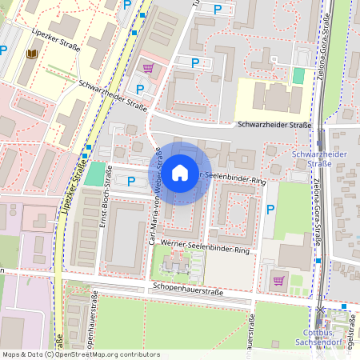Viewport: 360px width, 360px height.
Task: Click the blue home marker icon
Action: [x=180, y=173]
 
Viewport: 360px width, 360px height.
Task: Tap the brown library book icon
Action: [x=32, y=54]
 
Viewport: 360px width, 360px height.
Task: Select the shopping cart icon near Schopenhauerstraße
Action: [x=278, y=280]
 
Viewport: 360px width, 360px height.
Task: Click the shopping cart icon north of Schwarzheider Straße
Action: [x=146, y=69]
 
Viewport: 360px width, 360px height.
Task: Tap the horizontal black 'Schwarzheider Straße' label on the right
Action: [x=274, y=125]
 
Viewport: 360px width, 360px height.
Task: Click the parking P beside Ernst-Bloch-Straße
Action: [x=131, y=181]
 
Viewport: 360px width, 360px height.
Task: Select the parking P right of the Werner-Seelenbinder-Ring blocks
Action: [x=270, y=210]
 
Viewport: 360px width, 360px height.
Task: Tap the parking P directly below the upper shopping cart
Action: [x=141, y=89]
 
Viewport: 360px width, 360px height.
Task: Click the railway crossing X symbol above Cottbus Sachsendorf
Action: [x=321, y=310]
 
